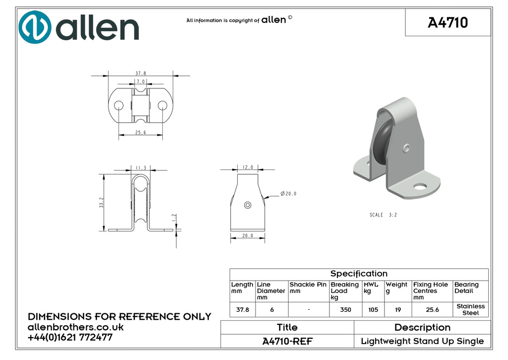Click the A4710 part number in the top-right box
[x=448, y=23]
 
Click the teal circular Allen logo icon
[x=35, y=27]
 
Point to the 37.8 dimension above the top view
[x=140, y=73]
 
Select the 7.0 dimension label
[x=140, y=82]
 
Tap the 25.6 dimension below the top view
[x=140, y=132]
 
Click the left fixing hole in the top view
[x=119, y=105]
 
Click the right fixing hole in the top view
[x=162, y=105]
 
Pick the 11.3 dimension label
[x=140, y=168]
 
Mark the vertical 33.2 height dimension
[x=101, y=203]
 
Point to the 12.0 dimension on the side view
[x=248, y=167]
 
